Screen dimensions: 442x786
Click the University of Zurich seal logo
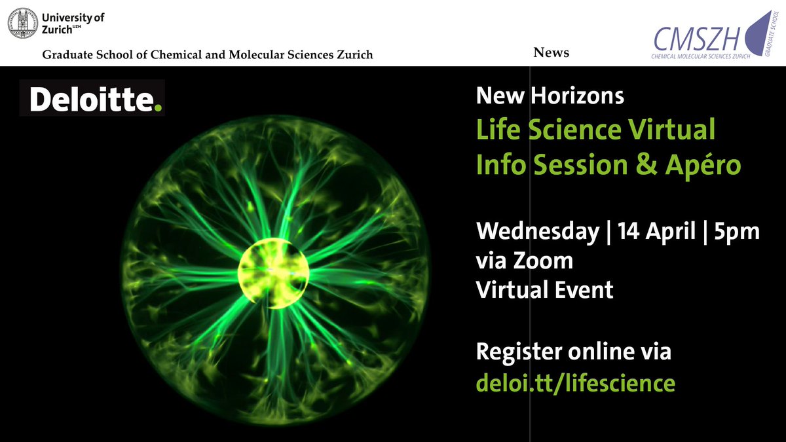tap(23, 22)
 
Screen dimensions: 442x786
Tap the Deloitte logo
tap(92, 99)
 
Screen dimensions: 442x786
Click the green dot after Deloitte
tap(157, 107)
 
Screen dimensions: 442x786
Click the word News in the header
tap(552, 53)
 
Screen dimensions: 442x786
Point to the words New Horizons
tap(550, 97)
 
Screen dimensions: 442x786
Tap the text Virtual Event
tap(544, 289)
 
